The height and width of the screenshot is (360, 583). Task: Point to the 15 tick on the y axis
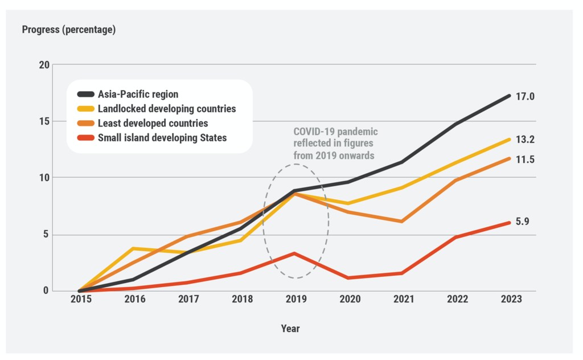coord(44,121)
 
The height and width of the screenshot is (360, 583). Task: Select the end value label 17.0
coord(525,97)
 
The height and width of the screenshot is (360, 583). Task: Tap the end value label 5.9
coord(523,222)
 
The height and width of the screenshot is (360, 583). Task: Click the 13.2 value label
coord(525,139)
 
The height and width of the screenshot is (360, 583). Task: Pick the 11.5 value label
coord(525,160)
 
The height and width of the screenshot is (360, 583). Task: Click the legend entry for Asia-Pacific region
coord(138,95)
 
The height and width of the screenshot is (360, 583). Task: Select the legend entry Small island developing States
coord(162,137)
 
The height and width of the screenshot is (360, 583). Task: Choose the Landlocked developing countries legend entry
coord(166,109)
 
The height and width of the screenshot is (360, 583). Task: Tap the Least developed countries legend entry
coord(153,123)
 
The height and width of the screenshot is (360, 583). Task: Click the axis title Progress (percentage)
coord(69,30)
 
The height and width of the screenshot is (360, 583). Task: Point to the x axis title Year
coord(290,329)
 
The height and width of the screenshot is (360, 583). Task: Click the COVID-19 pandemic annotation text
coord(335,143)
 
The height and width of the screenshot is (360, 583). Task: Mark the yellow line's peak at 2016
coord(133,248)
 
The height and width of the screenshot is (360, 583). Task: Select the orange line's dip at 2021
coord(402,221)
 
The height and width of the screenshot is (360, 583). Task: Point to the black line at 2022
coord(455,124)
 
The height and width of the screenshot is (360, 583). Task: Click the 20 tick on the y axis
coord(44,64)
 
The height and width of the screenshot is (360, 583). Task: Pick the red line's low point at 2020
coord(348,278)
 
